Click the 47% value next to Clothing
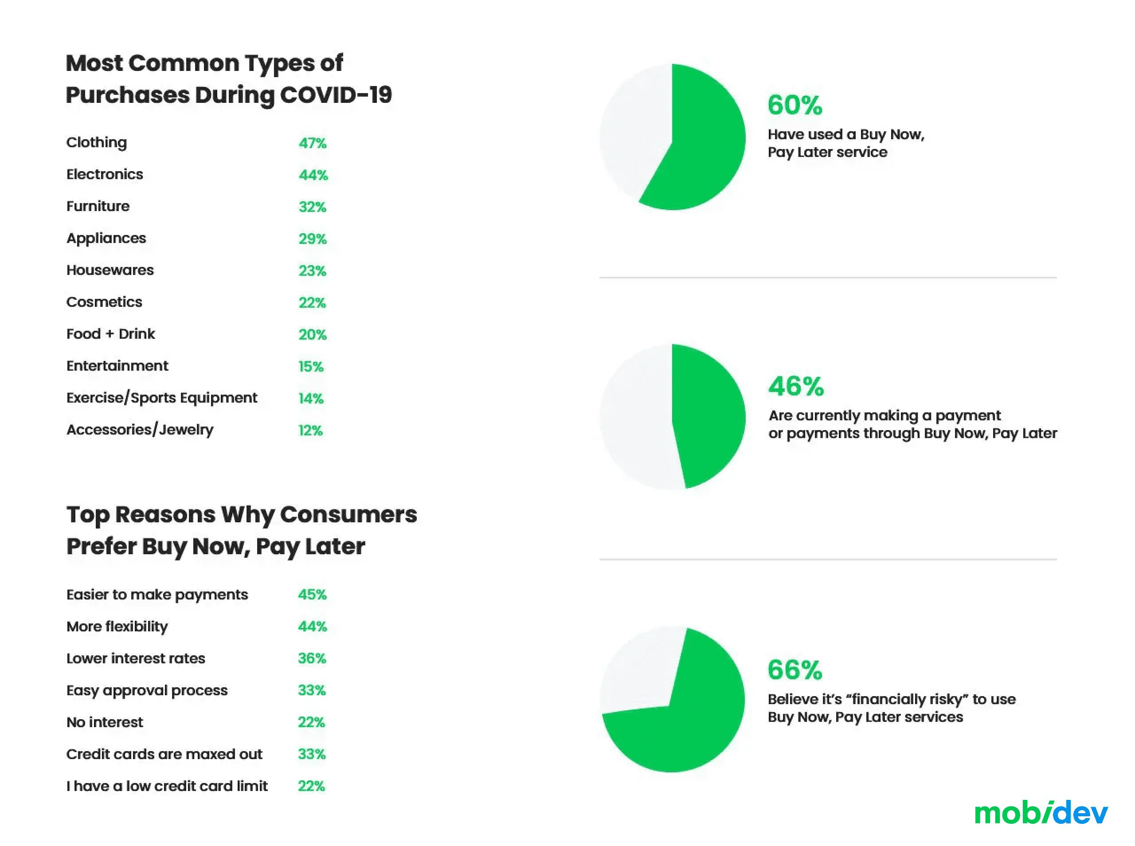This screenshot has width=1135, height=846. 312,143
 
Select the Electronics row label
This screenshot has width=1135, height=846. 105,175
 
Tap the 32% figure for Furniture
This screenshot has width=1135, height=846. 312,207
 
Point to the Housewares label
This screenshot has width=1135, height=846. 110,270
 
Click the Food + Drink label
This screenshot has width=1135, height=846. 110,334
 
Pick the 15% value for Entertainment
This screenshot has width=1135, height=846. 311,367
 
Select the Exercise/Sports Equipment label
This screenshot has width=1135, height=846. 161,398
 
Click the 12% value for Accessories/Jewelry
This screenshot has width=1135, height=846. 310,431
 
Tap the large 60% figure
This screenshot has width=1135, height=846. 794,105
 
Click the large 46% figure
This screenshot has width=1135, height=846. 795,386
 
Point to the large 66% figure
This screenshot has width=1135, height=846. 794,670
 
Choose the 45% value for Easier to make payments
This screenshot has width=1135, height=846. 312,595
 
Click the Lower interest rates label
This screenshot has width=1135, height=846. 136,658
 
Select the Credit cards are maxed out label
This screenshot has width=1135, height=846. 164,754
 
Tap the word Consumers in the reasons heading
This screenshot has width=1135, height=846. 348,515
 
